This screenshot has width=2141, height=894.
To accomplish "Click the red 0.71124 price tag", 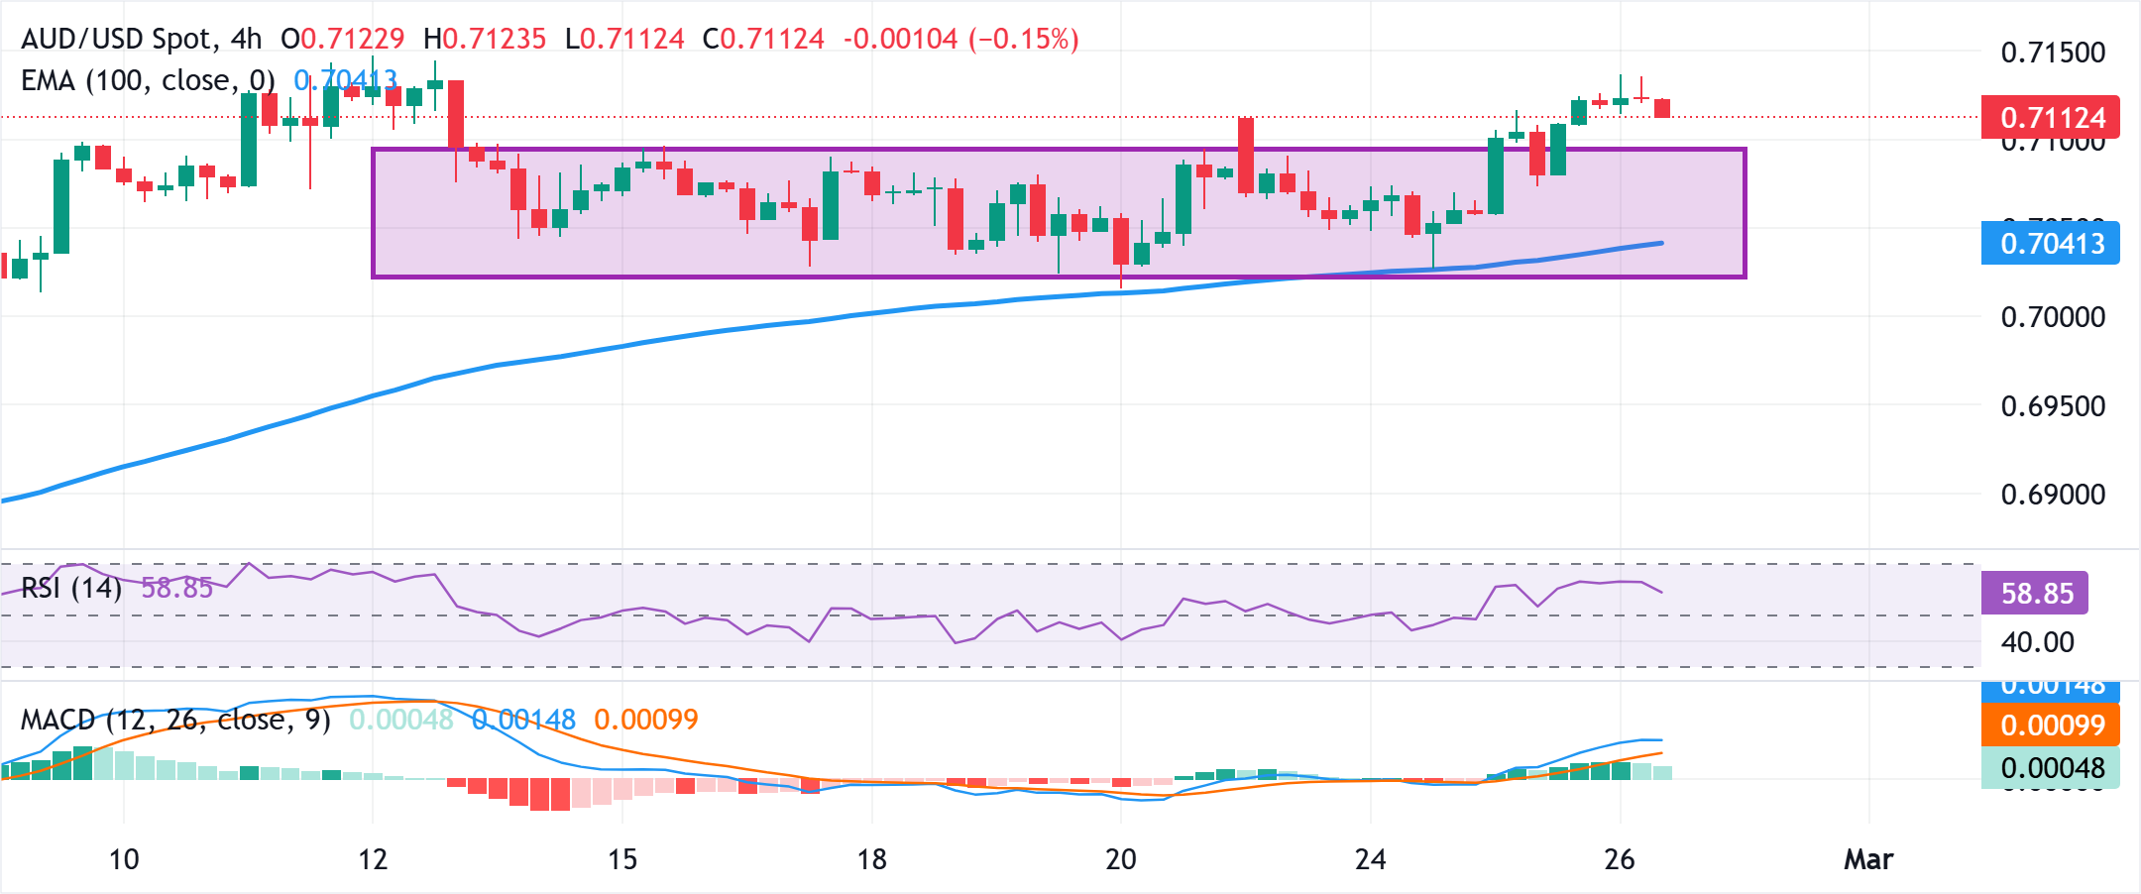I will [x=2050, y=118].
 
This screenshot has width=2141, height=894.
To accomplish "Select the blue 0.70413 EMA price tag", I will [x=2050, y=243].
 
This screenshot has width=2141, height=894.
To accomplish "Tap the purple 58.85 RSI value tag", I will [x=2035, y=593].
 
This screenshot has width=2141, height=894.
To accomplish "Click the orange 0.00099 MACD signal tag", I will [x=2050, y=725].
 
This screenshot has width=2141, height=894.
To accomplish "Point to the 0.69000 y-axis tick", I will [x=2053, y=495].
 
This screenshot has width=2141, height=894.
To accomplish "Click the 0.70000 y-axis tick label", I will [x=2053, y=317].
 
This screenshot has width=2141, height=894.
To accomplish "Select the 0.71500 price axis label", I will [x=2053, y=53].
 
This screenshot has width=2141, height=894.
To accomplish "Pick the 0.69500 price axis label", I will [x=2053, y=406].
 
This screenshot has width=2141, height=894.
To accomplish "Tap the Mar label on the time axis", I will [x=1868, y=859].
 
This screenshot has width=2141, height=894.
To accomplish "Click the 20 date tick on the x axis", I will [x=1121, y=859].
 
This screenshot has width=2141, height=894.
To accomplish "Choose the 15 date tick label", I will [x=622, y=859].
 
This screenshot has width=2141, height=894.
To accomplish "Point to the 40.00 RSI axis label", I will [x=2037, y=642].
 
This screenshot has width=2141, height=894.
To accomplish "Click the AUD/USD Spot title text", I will [x=117, y=39].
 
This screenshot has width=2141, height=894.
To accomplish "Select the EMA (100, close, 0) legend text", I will [x=148, y=80].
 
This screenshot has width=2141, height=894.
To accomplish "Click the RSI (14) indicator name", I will [x=71, y=589].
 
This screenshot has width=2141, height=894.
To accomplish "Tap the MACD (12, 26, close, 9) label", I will [x=175, y=720].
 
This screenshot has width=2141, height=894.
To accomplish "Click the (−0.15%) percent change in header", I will [x=1023, y=39].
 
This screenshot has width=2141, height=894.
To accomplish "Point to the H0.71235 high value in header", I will [x=485, y=39].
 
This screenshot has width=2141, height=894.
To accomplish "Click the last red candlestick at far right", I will [x=1662, y=108].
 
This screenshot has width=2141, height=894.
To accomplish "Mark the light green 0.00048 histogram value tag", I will [x=2050, y=768].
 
